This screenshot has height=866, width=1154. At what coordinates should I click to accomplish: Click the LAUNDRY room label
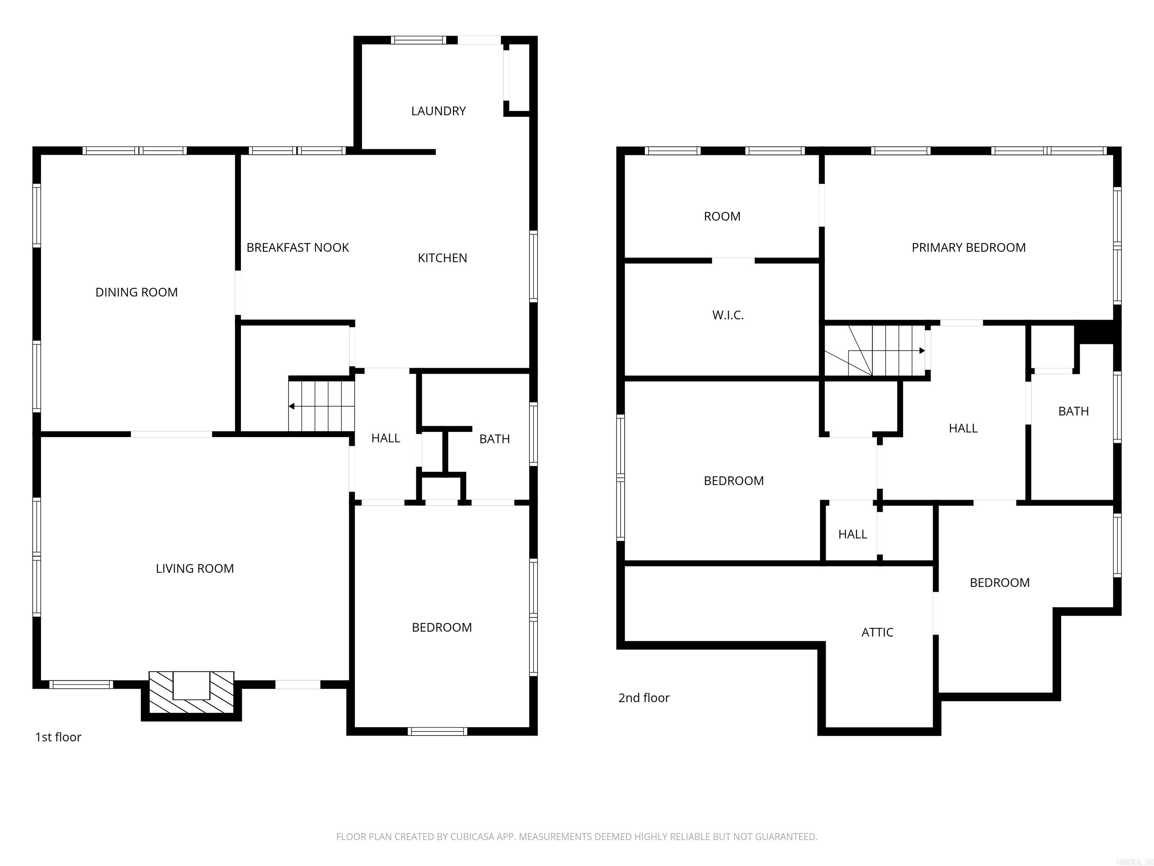point(438,111)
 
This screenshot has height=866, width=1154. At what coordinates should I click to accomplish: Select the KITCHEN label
point(443,258)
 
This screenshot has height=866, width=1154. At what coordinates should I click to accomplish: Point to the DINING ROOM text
point(136,292)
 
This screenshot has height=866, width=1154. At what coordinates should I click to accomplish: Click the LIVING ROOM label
point(195,568)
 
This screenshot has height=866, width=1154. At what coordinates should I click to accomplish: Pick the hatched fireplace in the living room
point(192,693)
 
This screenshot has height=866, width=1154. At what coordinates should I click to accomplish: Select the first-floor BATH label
point(494,439)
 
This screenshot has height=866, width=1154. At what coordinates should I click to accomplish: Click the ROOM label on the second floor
point(722,216)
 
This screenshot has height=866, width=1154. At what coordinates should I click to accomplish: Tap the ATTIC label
point(877,633)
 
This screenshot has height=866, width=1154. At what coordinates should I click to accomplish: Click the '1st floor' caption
point(58,737)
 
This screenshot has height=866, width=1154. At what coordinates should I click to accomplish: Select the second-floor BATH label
point(1073,411)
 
